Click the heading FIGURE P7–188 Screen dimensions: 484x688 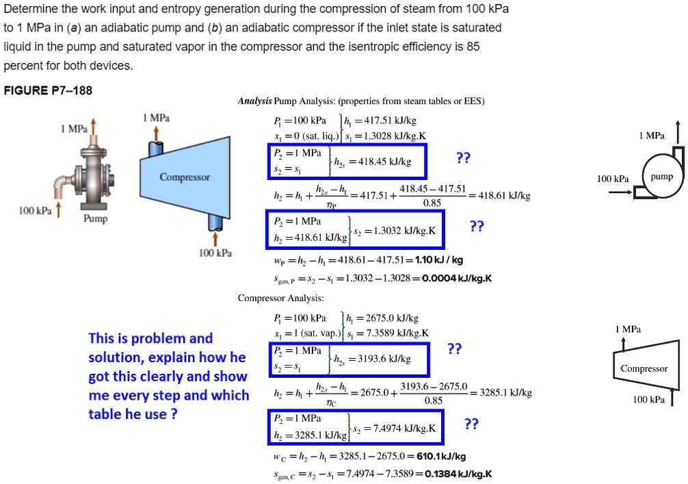pyautogui.click(x=48, y=90)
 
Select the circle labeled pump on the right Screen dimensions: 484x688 pyautogui.click(x=661, y=177)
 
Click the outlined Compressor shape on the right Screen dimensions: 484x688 pyautogui.click(x=643, y=368)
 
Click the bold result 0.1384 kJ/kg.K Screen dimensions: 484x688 pyautogui.click(x=458, y=474)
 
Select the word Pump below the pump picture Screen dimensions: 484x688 pyautogui.click(x=94, y=219)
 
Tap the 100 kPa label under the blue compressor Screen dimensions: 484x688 pyautogui.click(x=215, y=253)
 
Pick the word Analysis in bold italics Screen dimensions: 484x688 pyautogui.click(x=254, y=101)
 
